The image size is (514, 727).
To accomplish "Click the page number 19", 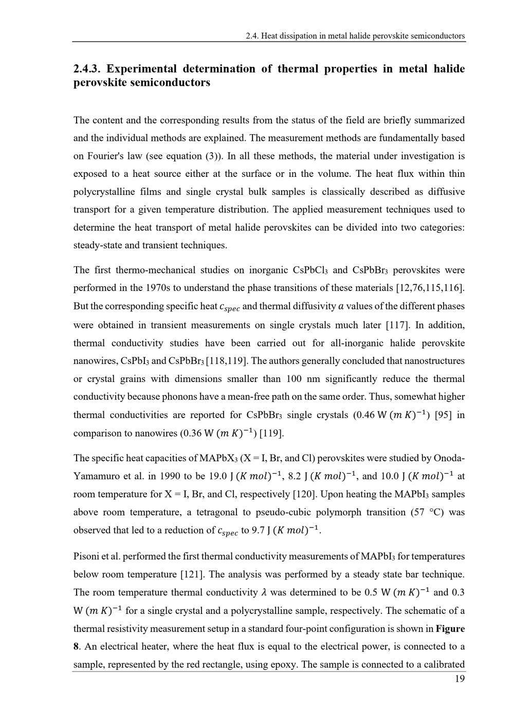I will coord(460,679).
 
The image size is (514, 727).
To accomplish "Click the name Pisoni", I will coord(87,556).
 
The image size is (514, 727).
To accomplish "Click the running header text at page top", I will coord(355,36).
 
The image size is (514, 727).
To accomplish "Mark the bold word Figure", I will coord(450,629).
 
